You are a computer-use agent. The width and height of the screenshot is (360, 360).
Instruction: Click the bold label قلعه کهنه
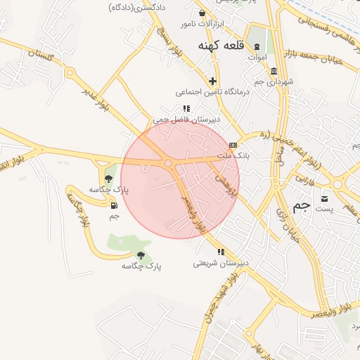pyautogui.click(x=219, y=46)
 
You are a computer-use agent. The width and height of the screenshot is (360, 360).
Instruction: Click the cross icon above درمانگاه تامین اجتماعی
pyautogui.click(x=213, y=81)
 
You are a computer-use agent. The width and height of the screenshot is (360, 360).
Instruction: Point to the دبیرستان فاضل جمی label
pyautogui.click(x=188, y=120)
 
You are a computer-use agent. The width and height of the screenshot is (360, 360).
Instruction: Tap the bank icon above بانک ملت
pyautogui.click(x=233, y=145)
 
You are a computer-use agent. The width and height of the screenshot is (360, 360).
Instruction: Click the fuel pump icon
pyautogui.click(x=114, y=205)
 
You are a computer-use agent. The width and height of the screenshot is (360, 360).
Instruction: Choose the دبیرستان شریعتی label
pyautogui.click(x=221, y=264)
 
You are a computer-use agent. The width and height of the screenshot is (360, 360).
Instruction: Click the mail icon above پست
pyautogui.click(x=324, y=198)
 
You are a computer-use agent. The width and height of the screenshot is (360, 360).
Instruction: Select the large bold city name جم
pyautogui.click(x=301, y=206)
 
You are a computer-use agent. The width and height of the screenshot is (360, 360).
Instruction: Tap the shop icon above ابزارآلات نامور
pyautogui.click(x=202, y=13)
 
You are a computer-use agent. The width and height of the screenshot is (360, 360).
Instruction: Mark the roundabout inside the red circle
pyautogui.click(x=169, y=163)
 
